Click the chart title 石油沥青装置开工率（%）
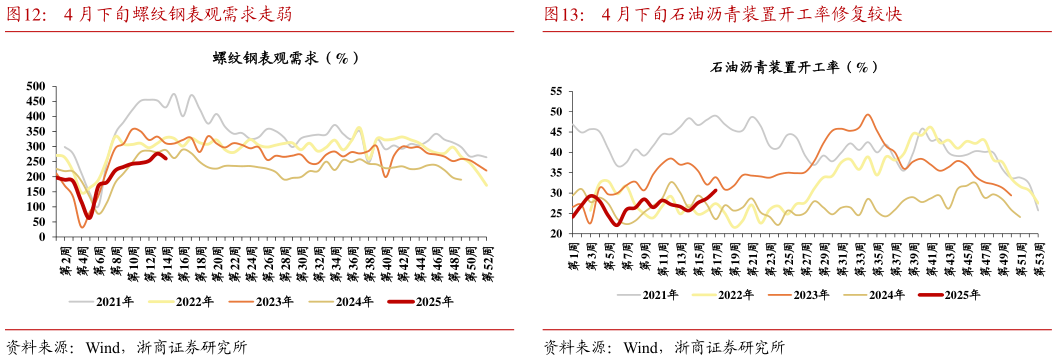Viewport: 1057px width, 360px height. tap(794, 67)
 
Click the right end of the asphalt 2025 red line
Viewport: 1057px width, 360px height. tap(715, 191)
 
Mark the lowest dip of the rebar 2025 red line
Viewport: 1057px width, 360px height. tap(89, 217)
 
